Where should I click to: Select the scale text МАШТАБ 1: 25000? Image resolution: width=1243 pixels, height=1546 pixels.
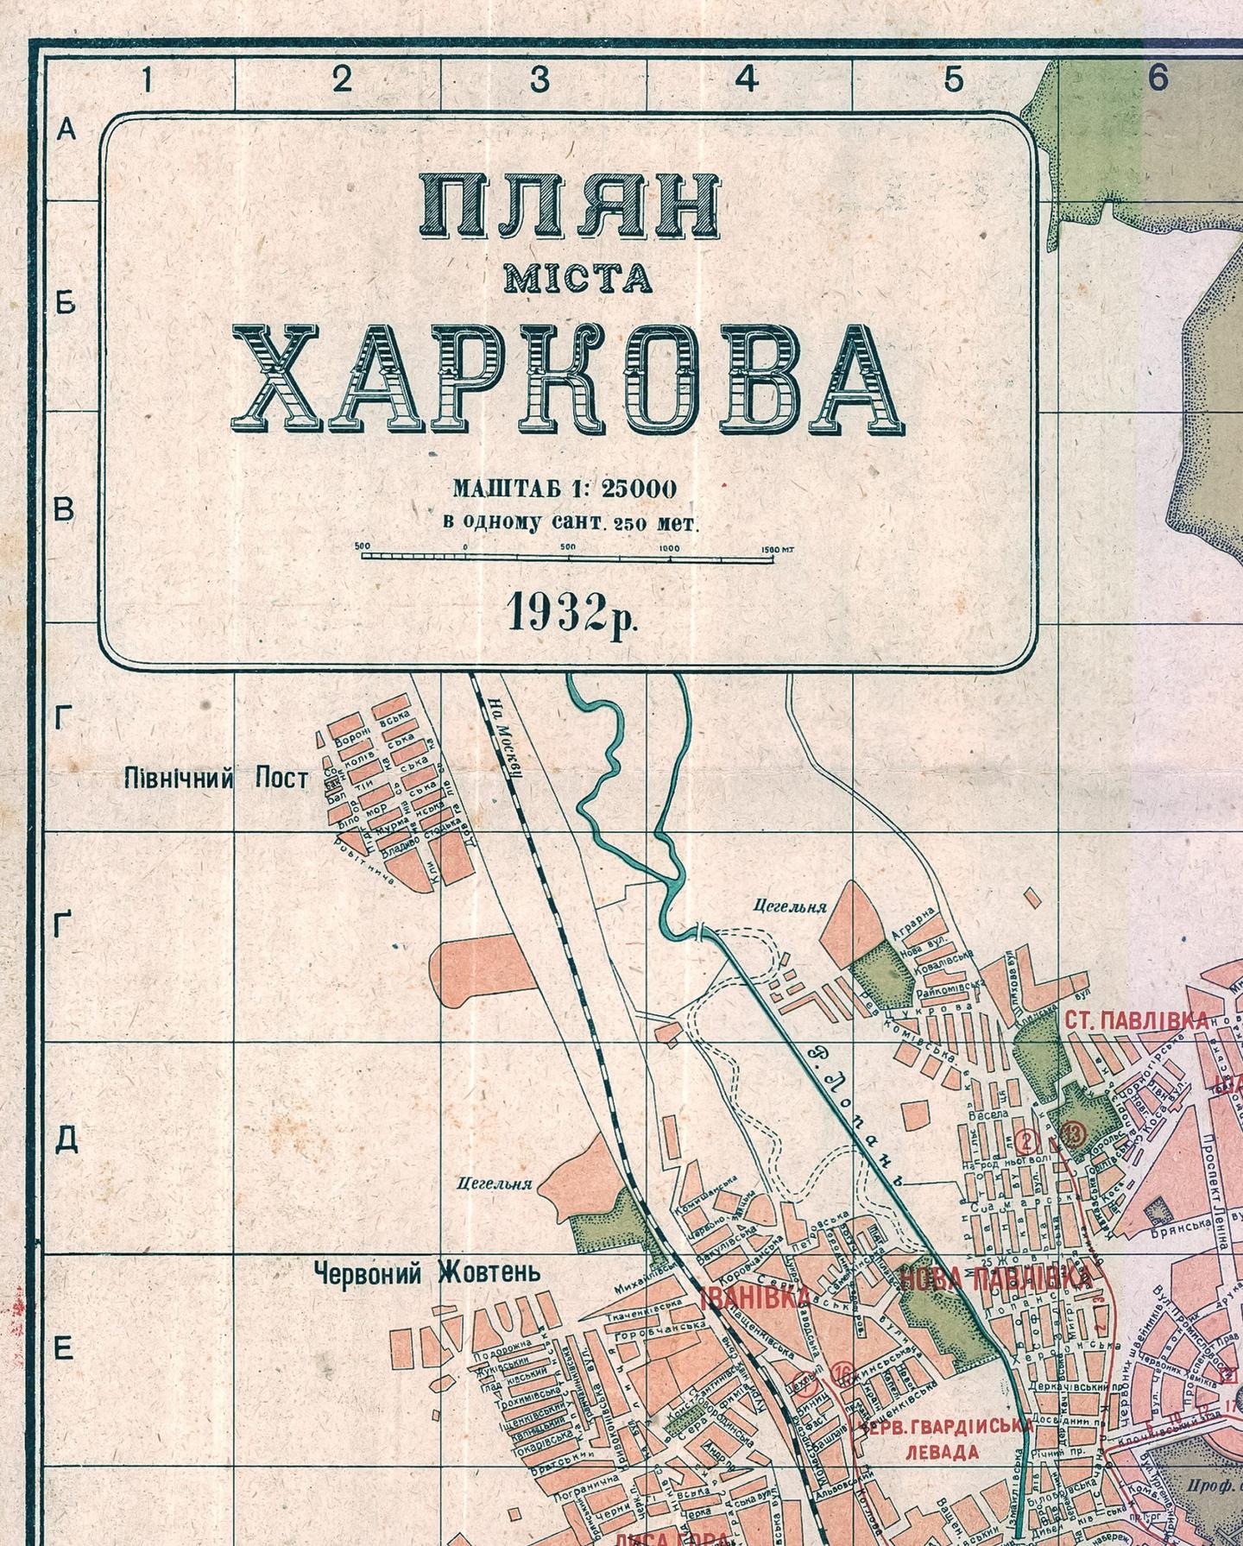pos(565,489)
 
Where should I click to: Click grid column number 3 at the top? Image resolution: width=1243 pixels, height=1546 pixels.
pos(540,79)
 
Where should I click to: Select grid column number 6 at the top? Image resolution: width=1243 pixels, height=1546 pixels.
pos(1158,78)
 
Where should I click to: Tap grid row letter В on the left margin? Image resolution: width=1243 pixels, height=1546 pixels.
pos(66,511)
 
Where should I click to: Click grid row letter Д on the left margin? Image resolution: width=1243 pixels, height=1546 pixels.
pos(66,1140)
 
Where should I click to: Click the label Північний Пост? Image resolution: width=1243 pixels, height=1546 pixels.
pos(216,779)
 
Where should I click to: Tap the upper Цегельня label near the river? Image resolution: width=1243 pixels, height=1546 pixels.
pos(790,907)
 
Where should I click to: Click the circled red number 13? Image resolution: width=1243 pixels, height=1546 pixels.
pos(1074,1133)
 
